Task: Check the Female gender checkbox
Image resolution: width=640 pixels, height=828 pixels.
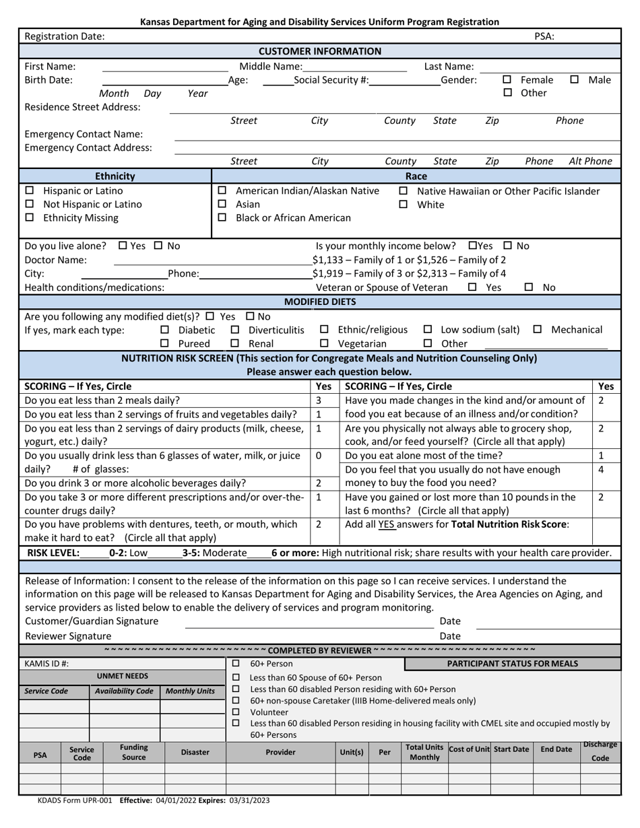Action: click(x=507, y=79)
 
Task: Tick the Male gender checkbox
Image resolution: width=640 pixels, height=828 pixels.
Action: click(x=575, y=79)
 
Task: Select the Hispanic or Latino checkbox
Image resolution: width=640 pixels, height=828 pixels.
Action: click(x=29, y=191)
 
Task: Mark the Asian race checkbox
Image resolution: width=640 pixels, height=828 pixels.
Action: click(x=222, y=204)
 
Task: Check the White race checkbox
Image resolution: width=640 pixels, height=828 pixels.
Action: click(x=404, y=204)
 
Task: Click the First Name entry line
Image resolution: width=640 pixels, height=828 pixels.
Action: click(x=164, y=67)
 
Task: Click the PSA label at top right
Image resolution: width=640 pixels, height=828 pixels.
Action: click(x=544, y=37)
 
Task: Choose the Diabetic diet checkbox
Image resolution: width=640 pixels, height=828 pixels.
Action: click(x=165, y=330)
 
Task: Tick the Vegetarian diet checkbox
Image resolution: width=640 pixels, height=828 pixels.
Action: click(x=324, y=343)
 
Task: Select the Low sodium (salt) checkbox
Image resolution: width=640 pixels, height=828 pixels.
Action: click(x=428, y=330)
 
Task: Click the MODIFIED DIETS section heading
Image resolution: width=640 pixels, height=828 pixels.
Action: click(x=320, y=302)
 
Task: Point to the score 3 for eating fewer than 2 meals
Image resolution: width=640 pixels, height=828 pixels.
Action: click(x=319, y=400)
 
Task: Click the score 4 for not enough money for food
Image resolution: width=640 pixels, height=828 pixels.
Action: click(x=600, y=469)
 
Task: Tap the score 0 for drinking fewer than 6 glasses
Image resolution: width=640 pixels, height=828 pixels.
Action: click(x=319, y=456)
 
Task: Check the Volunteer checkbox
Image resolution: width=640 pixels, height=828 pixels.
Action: click(x=236, y=712)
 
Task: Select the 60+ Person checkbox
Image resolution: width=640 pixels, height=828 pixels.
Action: click(x=236, y=664)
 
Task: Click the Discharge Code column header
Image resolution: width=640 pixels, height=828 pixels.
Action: click(x=600, y=751)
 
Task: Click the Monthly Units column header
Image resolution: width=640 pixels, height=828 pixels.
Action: click(x=191, y=691)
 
